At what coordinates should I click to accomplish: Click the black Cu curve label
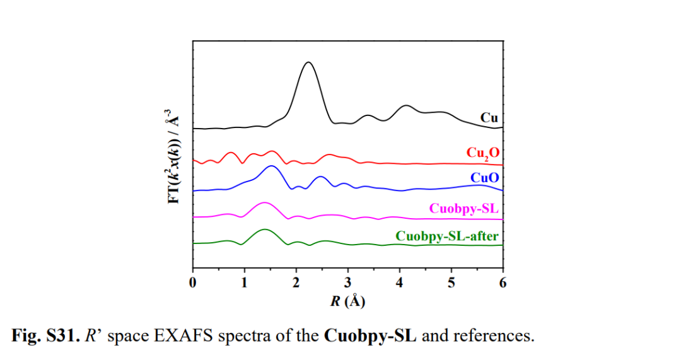point(489,117)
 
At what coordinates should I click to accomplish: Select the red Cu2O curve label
point(482,153)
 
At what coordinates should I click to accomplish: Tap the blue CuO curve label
point(484,178)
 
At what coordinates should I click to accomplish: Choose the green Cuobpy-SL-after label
point(447,236)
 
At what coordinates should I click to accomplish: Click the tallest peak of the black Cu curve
point(308,62)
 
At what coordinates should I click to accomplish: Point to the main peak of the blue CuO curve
point(272,166)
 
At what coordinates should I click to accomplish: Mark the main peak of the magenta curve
point(264,203)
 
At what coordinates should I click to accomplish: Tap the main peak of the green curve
point(264,229)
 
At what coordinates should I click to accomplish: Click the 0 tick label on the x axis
point(194,282)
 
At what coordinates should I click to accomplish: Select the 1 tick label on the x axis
point(245,282)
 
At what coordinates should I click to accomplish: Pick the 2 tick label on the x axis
point(296,282)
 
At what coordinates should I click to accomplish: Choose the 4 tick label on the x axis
point(399,282)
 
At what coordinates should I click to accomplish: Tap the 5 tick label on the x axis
point(451,282)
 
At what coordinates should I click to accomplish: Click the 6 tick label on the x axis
point(503,282)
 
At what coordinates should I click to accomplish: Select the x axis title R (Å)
point(347,301)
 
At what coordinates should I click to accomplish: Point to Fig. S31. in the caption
point(42,335)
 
